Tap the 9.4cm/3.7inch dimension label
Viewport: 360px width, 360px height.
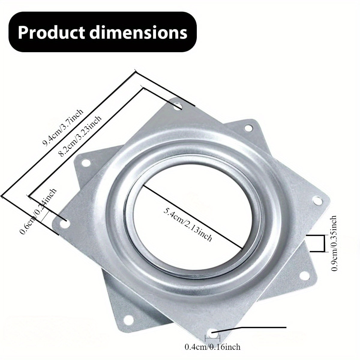(63, 128)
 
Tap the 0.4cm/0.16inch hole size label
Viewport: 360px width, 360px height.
(212, 347)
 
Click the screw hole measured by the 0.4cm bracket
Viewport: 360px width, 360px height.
(213, 330)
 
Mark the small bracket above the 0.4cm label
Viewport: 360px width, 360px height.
(212, 338)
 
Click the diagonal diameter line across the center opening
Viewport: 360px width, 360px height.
(192, 216)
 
